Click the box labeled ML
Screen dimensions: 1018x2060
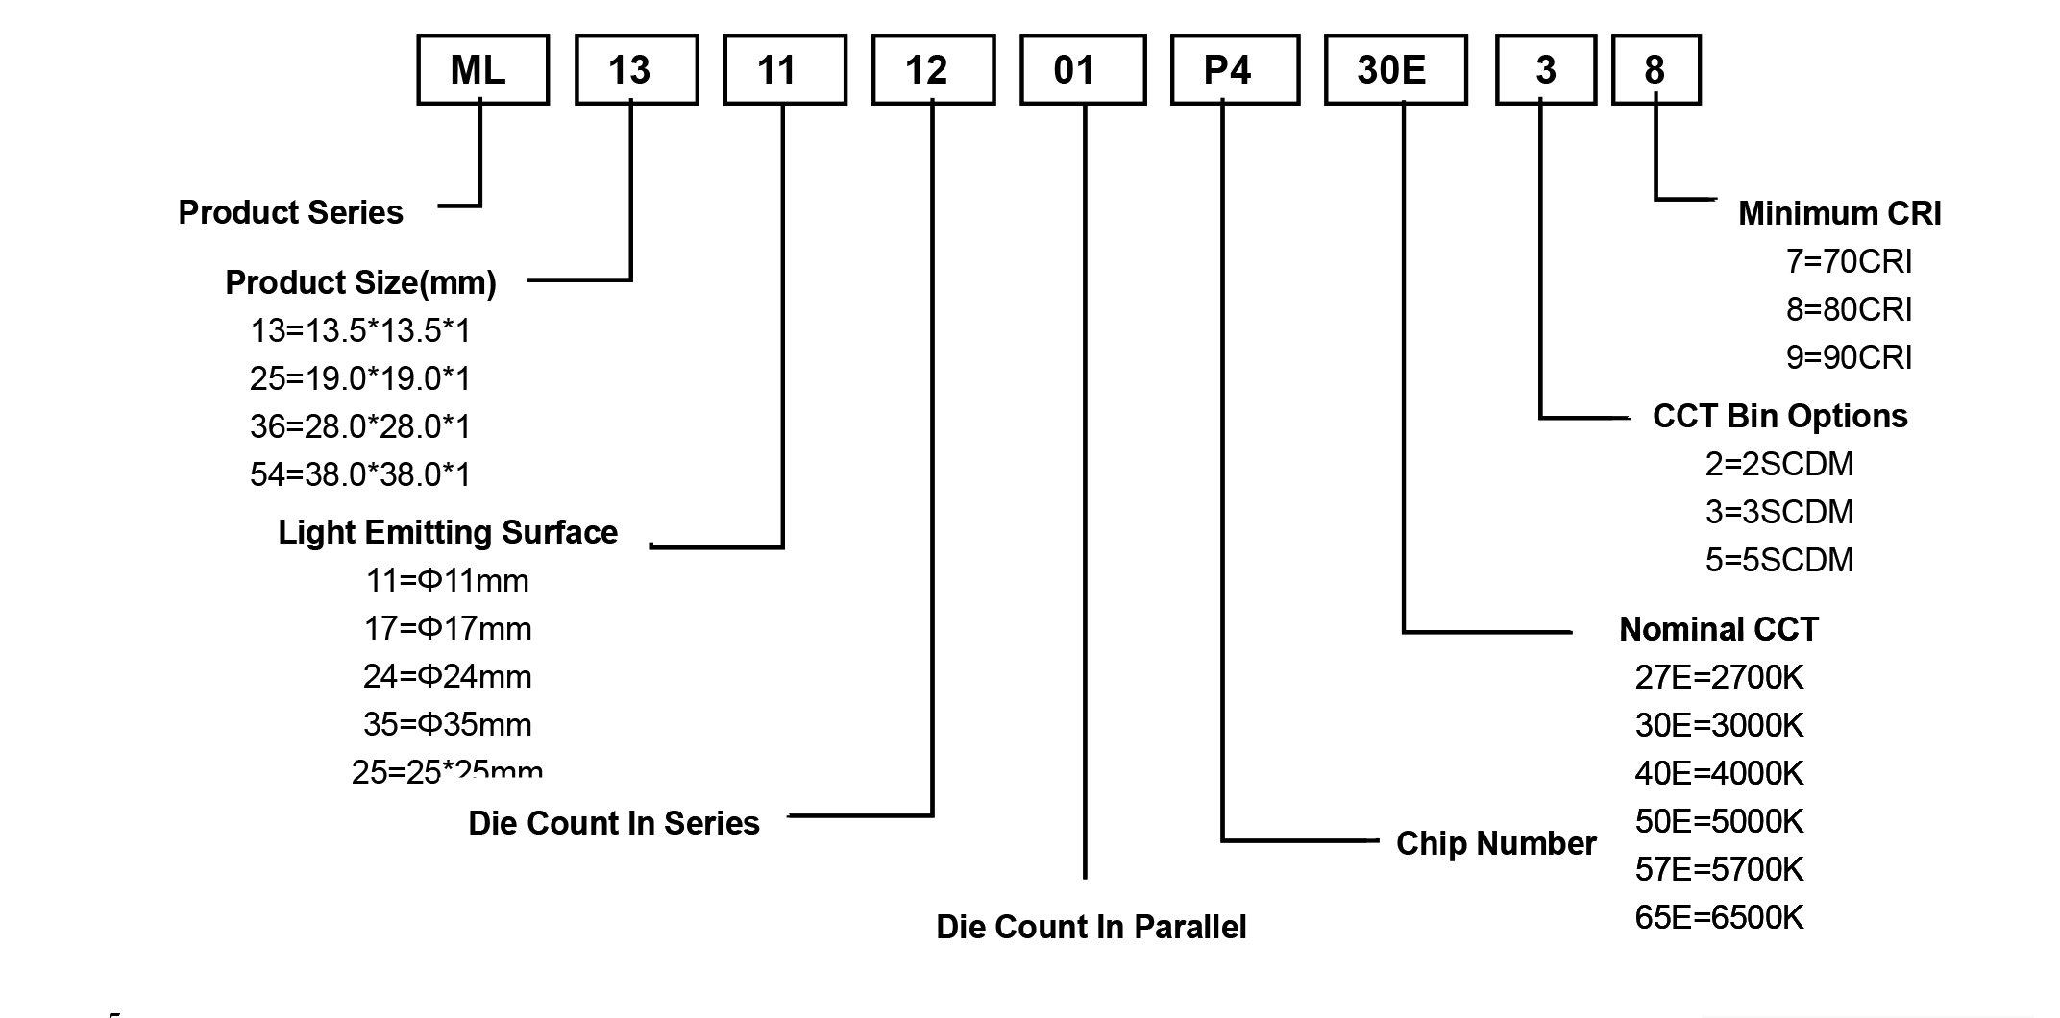tap(482, 70)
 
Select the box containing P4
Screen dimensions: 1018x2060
tap(1235, 70)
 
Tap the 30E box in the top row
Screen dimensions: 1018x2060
tap(1395, 70)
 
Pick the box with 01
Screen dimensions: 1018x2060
tap(1083, 70)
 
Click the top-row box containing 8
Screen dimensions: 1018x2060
tap(1655, 70)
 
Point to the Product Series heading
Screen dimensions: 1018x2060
tap(290, 212)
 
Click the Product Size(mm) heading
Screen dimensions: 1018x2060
tap(360, 282)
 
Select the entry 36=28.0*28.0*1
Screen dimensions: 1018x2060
tap(360, 426)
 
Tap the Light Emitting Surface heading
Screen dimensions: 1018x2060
tap(448, 532)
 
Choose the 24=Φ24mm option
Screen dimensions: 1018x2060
tap(447, 676)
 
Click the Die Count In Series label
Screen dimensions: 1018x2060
tap(613, 823)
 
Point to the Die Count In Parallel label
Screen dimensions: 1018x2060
tap(1091, 927)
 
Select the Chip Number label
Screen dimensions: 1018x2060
tap(1495, 843)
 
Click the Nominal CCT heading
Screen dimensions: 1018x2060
tap(1718, 629)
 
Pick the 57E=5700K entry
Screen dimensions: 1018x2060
tap(1719, 869)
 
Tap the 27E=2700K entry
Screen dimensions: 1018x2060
tap(1719, 677)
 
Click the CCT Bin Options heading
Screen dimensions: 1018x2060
tap(1779, 416)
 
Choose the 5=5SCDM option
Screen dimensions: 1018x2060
tap(1779, 560)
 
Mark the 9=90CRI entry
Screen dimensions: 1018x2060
tap(1849, 357)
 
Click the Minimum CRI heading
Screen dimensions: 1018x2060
tap(1839, 213)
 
